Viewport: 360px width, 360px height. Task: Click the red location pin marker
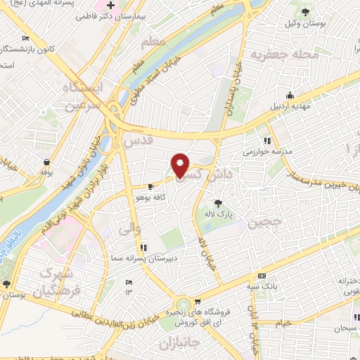(x=181, y=166)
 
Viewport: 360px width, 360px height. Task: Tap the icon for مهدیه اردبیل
(x=289, y=96)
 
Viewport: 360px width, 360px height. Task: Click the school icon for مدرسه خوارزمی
(x=266, y=139)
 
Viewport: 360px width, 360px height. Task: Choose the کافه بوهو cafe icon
(x=151, y=187)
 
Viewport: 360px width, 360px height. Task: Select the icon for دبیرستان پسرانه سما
(x=143, y=247)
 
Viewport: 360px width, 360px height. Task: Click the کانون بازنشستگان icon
(x=26, y=38)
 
